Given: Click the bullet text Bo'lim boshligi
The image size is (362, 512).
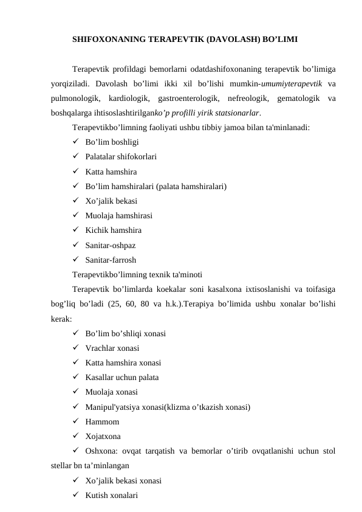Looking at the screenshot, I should (x=112, y=142).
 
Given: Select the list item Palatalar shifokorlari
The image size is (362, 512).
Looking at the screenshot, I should (x=121, y=157).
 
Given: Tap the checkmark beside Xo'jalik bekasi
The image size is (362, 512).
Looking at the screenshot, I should (x=75, y=201).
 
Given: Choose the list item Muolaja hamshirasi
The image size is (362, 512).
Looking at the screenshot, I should (x=118, y=216).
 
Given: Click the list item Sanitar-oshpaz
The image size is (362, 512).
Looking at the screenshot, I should (x=111, y=246).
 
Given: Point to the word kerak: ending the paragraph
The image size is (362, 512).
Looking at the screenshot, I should (x=61, y=319).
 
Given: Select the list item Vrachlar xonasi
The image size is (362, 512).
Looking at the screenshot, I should (x=112, y=348).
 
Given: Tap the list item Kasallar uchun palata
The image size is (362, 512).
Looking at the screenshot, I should (x=122, y=378).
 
